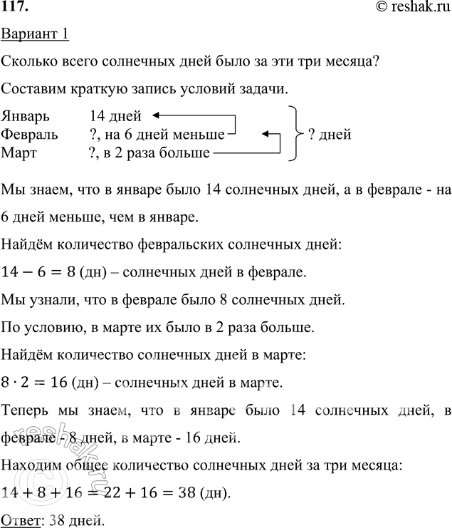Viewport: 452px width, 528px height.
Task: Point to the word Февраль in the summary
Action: [30, 134]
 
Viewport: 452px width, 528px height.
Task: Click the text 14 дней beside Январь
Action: [116, 115]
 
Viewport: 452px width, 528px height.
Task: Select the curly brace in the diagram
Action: [293, 133]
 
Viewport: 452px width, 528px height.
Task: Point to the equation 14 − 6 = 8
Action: [35, 271]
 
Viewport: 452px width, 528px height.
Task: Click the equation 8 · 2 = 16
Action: [35, 382]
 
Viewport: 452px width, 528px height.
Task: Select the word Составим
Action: [32, 88]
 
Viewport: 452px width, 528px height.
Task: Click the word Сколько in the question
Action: [29, 62]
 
